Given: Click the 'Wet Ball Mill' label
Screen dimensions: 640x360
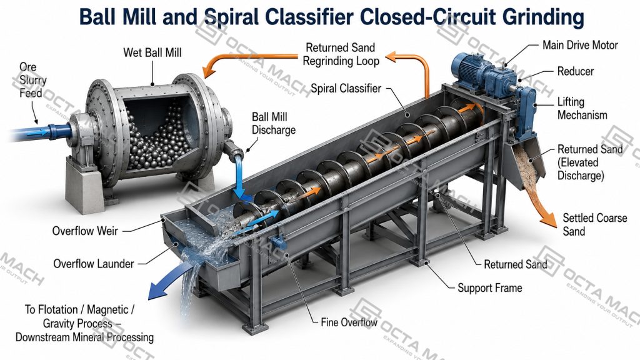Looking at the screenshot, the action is [x=152, y=52].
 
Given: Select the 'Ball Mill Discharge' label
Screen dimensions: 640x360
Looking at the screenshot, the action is [x=274, y=123].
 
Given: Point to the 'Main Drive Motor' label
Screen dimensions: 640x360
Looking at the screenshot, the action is [x=580, y=45].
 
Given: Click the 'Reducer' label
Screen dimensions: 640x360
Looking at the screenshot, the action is [x=576, y=71].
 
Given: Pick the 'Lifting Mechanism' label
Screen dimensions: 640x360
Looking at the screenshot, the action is [x=582, y=108].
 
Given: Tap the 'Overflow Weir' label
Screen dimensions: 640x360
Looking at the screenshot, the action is [x=85, y=231].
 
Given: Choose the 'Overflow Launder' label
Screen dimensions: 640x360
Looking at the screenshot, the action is [x=94, y=263].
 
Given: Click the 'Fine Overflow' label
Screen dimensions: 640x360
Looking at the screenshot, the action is [x=349, y=322].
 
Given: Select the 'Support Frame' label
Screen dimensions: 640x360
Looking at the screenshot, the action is [x=490, y=287].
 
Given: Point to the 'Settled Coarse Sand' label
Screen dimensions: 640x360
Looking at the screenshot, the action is [x=595, y=224].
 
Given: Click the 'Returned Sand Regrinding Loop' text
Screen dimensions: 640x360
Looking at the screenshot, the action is [x=341, y=54].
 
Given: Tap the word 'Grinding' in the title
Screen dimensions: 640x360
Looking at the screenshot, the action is [x=543, y=17].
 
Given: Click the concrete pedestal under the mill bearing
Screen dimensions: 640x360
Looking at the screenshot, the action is [x=83, y=186].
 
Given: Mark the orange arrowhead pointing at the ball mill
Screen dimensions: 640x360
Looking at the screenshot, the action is [x=209, y=71].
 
